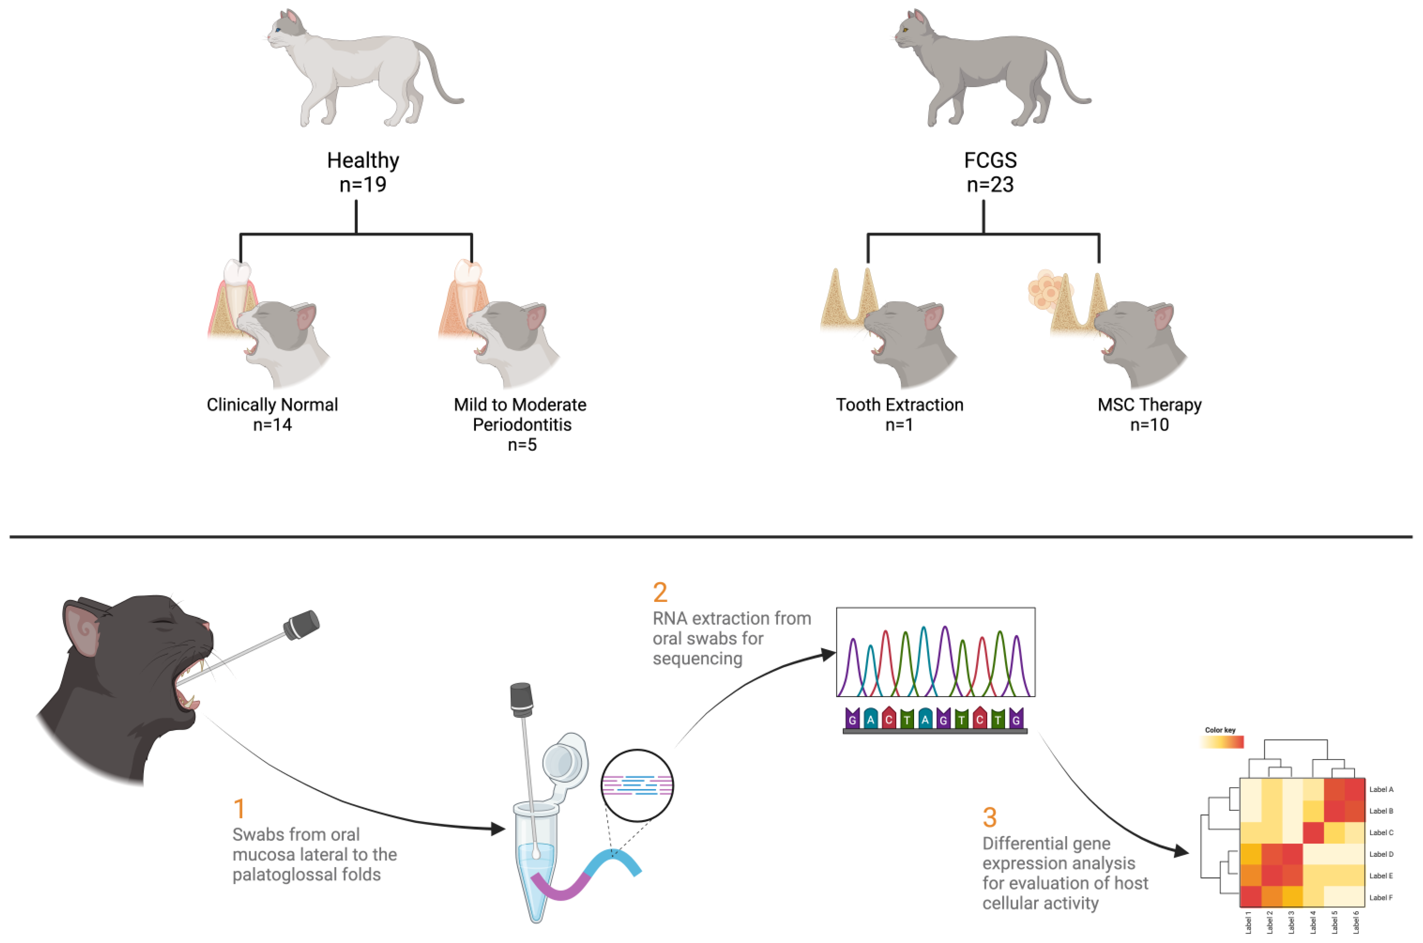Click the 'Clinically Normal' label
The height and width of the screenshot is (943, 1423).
pos(272,405)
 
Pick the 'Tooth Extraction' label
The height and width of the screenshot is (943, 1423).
pos(899,405)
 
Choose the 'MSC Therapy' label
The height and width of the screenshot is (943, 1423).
pos(1149,405)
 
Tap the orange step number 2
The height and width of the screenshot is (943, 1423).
pos(660,592)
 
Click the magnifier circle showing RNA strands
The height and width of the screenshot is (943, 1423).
pos(637,786)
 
